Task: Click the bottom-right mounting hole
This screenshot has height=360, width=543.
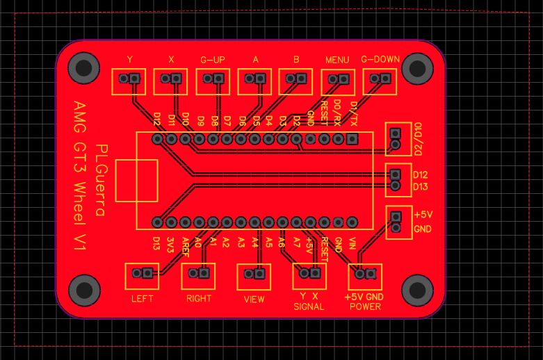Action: pyautogui.click(x=418, y=290)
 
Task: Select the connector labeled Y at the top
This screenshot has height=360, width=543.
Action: pyautogui.click(x=129, y=81)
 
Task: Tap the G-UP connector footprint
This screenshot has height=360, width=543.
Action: pyautogui.click(x=213, y=81)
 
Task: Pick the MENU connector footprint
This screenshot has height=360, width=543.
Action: pyautogui.click(x=338, y=81)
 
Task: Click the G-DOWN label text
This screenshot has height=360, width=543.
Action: pyautogui.click(x=380, y=60)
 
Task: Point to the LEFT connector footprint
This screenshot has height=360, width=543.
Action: pyautogui.click(x=142, y=276)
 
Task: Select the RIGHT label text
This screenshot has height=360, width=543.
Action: pyautogui.click(x=199, y=300)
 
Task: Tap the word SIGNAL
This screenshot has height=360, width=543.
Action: pyautogui.click(x=309, y=306)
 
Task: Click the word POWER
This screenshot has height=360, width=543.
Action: pyautogui.click(x=365, y=306)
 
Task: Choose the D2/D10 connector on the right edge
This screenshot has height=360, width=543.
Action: pyautogui.click(x=396, y=139)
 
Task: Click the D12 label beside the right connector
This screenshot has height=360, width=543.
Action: pyautogui.click(x=420, y=174)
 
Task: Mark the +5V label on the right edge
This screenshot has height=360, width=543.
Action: pyautogui.click(x=423, y=213)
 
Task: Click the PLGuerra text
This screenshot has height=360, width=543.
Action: pyautogui.click(x=100, y=180)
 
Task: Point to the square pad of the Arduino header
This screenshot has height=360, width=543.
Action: pyautogui.click(x=352, y=140)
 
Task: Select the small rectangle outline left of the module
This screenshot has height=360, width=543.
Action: pyautogui.click(x=136, y=180)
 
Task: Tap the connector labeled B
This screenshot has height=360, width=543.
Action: pyautogui.click(x=296, y=81)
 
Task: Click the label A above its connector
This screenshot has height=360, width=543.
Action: pyautogui.click(x=255, y=60)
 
